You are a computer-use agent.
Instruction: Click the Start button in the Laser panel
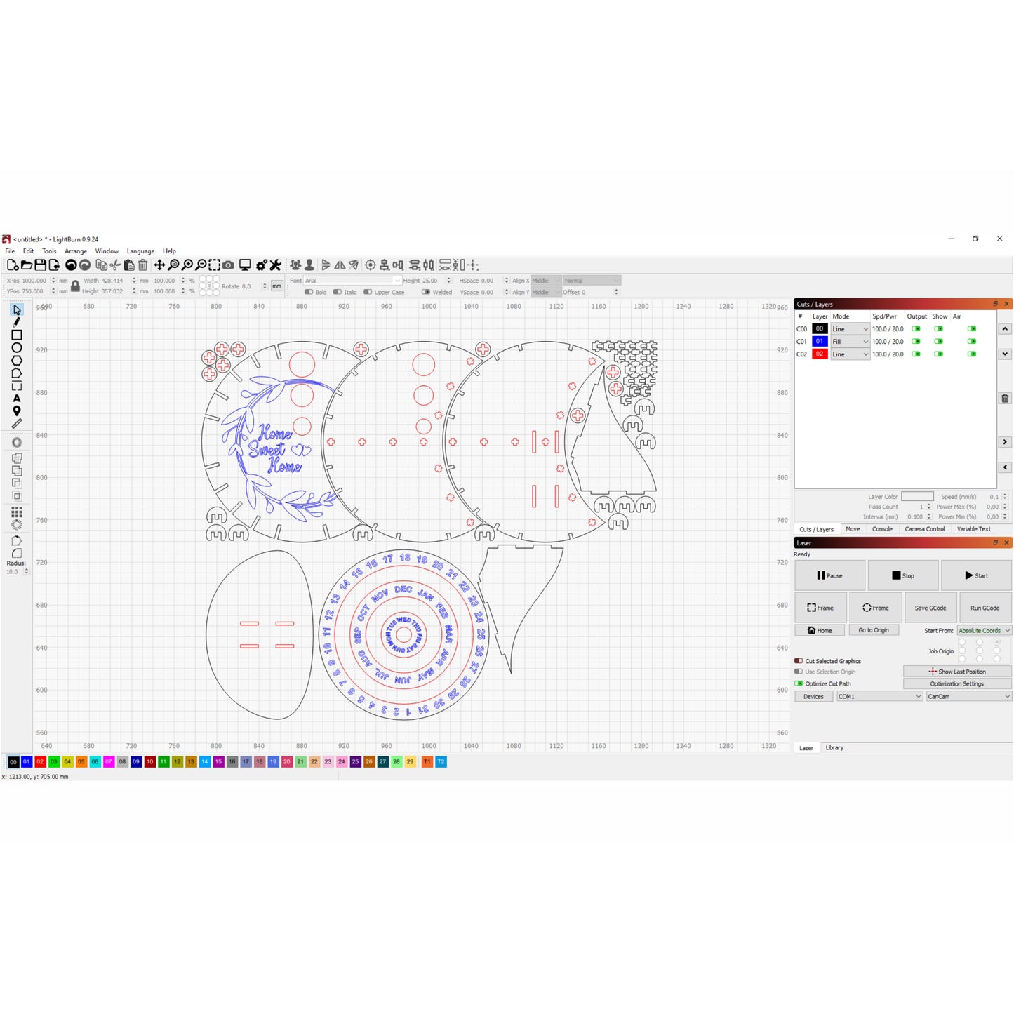(x=975, y=575)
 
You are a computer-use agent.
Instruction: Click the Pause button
(x=829, y=575)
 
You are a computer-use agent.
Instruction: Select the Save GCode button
(x=930, y=608)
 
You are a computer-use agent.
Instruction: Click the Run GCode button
(x=985, y=608)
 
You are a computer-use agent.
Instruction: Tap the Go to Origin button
(x=873, y=630)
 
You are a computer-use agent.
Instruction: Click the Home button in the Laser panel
(x=819, y=630)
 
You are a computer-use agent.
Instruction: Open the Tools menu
(x=49, y=251)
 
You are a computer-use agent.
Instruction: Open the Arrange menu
(x=76, y=251)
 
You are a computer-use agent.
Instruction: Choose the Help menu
(x=169, y=251)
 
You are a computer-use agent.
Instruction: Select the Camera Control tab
(x=924, y=529)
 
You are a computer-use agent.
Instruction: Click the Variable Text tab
(x=973, y=529)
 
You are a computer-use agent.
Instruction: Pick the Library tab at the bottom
(x=834, y=748)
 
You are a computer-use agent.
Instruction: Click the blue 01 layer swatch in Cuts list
(x=819, y=342)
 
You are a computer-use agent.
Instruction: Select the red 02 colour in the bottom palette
(x=40, y=761)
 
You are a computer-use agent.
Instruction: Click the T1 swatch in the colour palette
(x=427, y=761)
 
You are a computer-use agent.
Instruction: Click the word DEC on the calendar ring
(x=403, y=589)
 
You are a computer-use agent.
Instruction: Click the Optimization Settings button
(x=956, y=683)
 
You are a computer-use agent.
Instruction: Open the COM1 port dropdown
(x=879, y=696)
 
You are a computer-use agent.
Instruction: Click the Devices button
(x=813, y=696)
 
